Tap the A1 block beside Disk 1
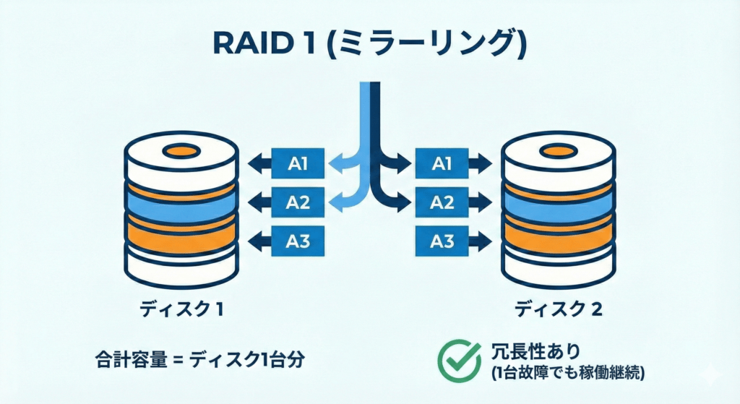[x=298, y=164]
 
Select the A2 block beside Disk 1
[x=298, y=202]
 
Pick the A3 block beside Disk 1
[x=298, y=240]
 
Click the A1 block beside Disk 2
[x=442, y=164]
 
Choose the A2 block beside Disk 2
[x=442, y=202]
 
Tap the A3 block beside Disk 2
[x=442, y=240]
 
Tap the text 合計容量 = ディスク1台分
[x=195, y=359]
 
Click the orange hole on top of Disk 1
[x=181, y=152]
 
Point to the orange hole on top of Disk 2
[x=559, y=152]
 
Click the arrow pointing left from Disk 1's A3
[x=259, y=240]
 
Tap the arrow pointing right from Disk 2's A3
[x=480, y=240]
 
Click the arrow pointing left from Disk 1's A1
[x=259, y=164]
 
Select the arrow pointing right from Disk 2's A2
[x=480, y=202]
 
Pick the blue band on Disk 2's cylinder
[x=559, y=209]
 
